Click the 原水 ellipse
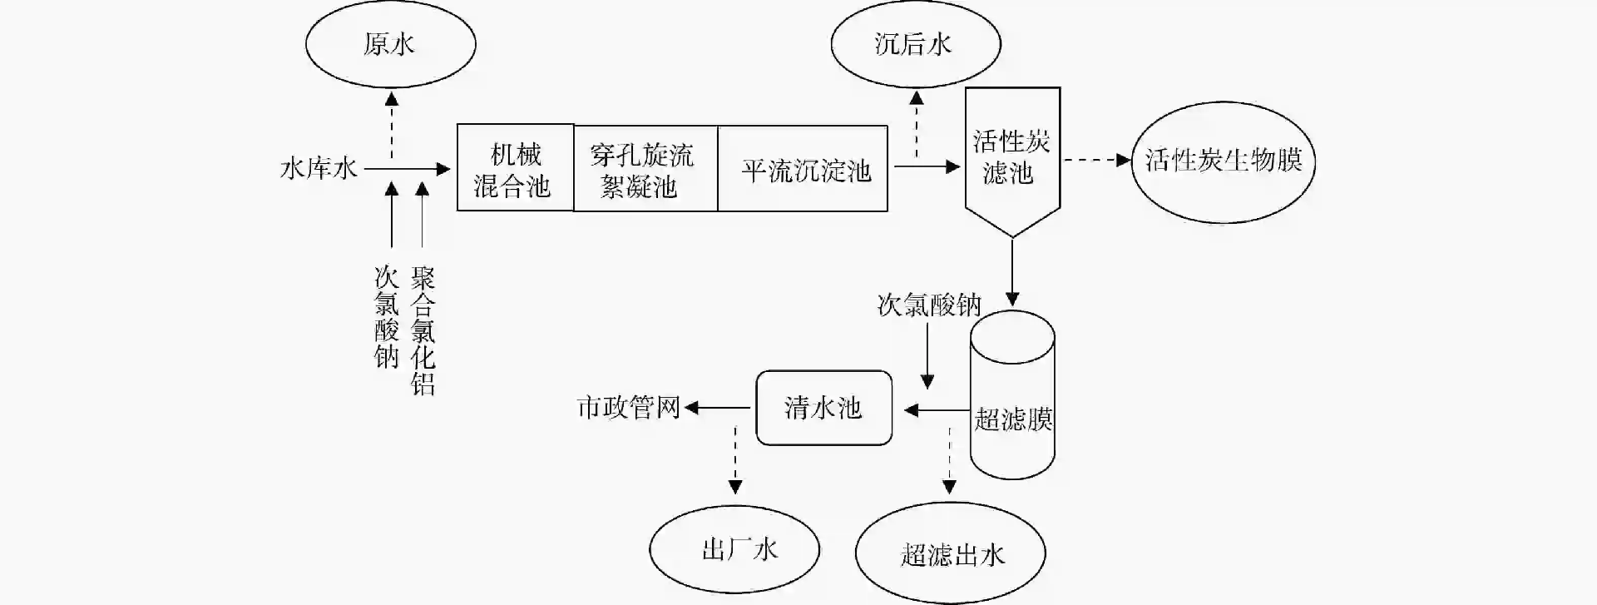pos(390,44)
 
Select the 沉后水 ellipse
pos(915,44)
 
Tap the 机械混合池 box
pos(515,168)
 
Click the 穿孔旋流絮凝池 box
pos(645,169)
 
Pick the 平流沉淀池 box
pos(803,169)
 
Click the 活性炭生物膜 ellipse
pos(1223,160)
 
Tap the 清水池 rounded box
pos(823,408)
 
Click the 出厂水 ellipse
pos(734,550)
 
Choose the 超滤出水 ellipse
pos(950,554)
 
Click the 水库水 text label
pos(319,169)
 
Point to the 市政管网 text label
pos(628,408)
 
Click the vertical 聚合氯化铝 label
pos(423,330)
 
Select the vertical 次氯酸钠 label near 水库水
pos(387,317)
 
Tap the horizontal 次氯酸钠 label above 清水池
pos(929,305)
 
